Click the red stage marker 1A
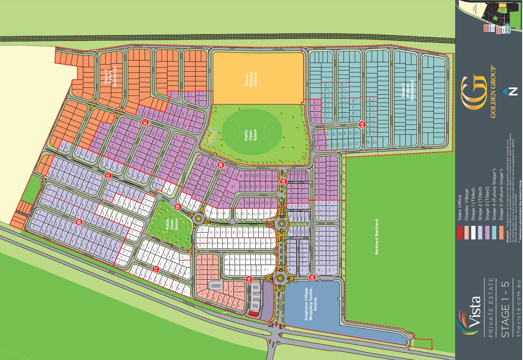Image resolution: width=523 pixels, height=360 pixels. (x=249, y=279)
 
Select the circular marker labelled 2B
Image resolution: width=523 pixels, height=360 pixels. (x=78, y=222)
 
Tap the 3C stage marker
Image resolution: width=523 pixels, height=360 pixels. (x=145, y=122)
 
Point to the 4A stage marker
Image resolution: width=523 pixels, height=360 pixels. (x=362, y=125)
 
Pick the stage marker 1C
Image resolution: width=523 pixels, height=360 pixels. (x=156, y=269)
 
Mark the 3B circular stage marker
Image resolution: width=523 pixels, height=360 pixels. (x=220, y=165)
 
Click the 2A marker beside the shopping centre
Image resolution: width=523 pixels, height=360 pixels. (x=312, y=277)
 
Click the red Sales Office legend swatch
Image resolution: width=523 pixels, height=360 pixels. (x=459, y=232)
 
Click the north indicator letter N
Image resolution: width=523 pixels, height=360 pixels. (x=513, y=91)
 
